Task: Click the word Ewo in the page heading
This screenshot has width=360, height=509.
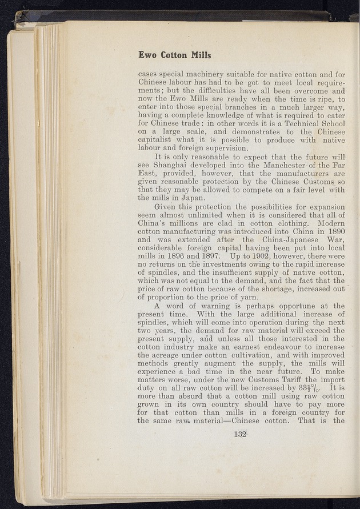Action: point(147,55)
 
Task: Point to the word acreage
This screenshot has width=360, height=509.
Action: point(169,356)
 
